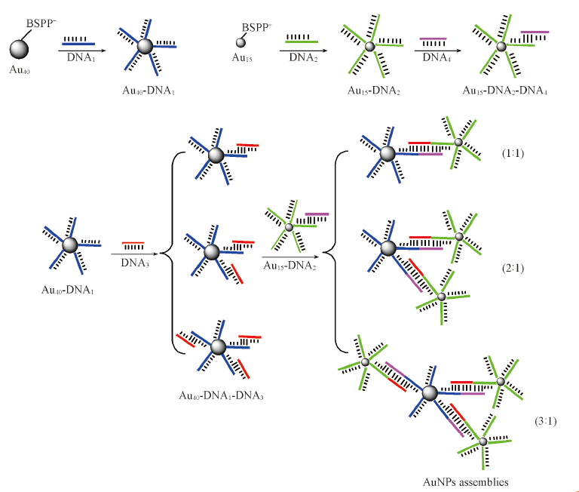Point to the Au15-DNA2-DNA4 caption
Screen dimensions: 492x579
504,89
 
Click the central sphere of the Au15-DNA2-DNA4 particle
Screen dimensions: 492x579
501,47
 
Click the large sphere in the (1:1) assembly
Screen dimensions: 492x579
388,153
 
